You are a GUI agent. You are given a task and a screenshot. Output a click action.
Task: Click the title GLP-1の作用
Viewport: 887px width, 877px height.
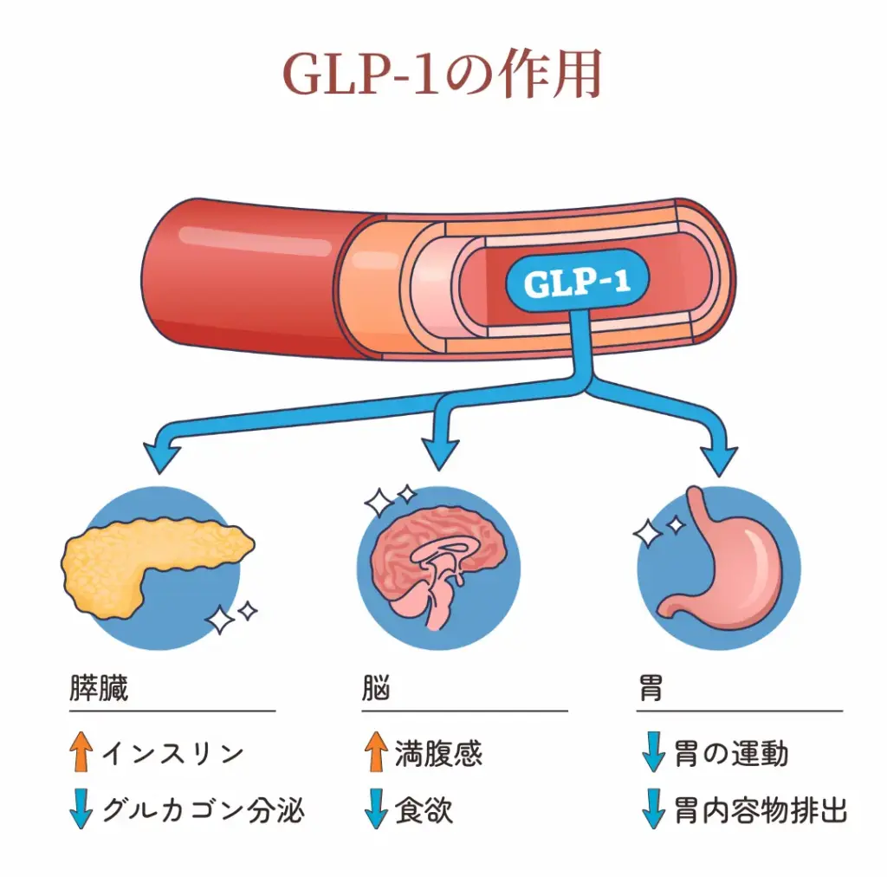pyautogui.click(x=443, y=76)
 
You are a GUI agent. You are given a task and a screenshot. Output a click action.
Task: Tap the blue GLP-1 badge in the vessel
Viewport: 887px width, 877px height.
pyautogui.click(x=578, y=282)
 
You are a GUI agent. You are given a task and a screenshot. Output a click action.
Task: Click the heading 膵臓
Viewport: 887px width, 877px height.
pyautogui.click(x=99, y=689)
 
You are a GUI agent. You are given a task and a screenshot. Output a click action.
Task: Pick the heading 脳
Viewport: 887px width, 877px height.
pyautogui.click(x=376, y=689)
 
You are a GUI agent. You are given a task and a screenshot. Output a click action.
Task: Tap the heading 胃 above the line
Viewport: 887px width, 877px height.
pyautogui.click(x=651, y=689)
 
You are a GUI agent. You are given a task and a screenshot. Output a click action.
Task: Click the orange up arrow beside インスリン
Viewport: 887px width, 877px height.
pyautogui.click(x=82, y=752)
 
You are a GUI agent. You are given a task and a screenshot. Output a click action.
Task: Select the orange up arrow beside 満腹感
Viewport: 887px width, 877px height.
pyautogui.click(x=376, y=752)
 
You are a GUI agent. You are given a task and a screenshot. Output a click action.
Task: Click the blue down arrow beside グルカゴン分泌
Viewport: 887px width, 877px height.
pyautogui.click(x=82, y=809)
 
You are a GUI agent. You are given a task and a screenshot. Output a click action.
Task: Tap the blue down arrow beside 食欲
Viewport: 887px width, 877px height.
pyautogui.click(x=376, y=809)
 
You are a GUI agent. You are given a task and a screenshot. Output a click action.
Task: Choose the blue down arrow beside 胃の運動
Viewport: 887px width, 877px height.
pyautogui.click(x=652, y=752)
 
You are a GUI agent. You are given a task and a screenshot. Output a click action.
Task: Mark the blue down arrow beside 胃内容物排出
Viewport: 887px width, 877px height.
pyautogui.click(x=652, y=809)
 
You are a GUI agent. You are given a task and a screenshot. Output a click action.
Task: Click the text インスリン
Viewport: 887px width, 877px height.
pyautogui.click(x=172, y=753)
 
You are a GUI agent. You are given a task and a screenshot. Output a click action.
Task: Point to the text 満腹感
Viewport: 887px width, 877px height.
pyautogui.click(x=438, y=753)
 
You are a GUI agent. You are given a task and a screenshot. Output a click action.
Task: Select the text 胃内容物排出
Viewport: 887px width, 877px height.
pyautogui.click(x=760, y=810)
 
